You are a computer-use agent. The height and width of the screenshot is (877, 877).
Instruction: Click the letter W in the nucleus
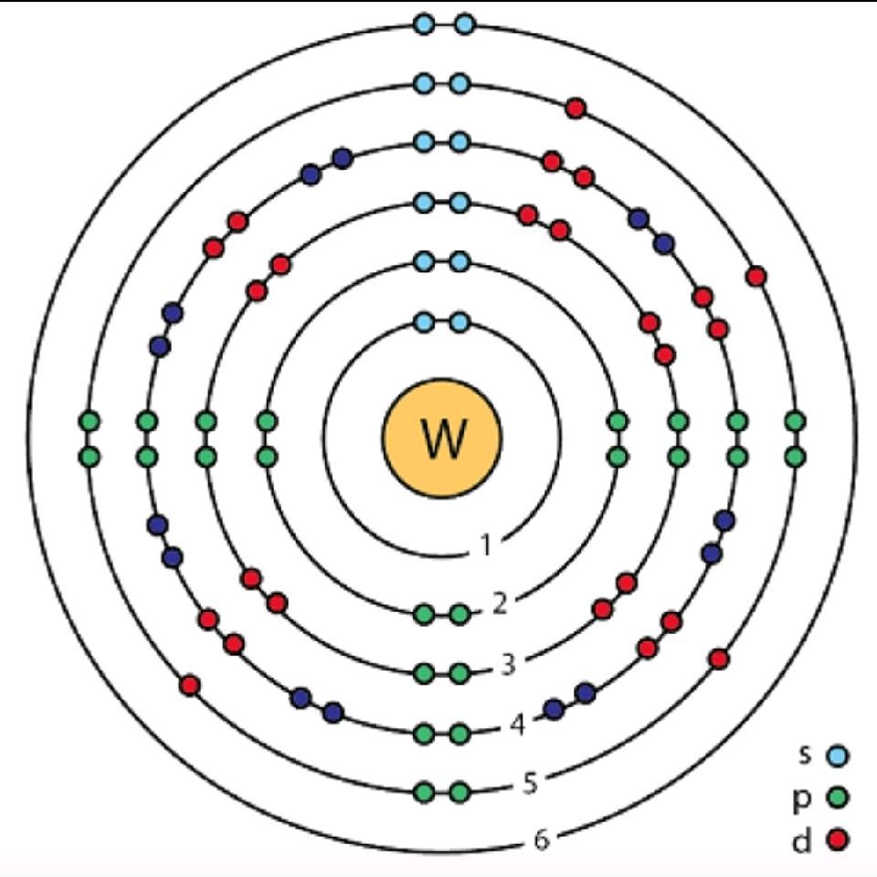click(442, 438)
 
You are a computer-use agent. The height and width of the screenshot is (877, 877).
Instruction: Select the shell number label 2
click(500, 604)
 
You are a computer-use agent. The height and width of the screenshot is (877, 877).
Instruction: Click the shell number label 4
click(518, 727)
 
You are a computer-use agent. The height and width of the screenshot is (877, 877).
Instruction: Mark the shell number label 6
click(541, 840)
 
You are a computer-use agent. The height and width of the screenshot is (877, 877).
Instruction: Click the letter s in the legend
click(804, 755)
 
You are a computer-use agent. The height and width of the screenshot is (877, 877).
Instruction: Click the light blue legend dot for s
click(837, 755)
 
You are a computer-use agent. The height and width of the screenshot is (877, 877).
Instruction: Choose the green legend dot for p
click(837, 798)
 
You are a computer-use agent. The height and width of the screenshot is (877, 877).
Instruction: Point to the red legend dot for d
click(837, 840)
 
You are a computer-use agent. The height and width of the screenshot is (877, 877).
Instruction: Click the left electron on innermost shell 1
click(424, 322)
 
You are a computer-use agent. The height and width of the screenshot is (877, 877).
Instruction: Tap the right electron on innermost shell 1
click(460, 322)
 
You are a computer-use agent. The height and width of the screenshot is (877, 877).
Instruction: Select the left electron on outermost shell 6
click(424, 24)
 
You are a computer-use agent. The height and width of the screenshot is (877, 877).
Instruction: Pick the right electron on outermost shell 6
click(464, 24)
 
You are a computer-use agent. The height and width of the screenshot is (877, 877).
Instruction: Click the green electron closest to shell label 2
click(460, 615)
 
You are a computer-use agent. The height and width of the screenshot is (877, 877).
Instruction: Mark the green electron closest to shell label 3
click(460, 674)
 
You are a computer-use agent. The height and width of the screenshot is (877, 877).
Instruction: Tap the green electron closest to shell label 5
click(460, 792)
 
